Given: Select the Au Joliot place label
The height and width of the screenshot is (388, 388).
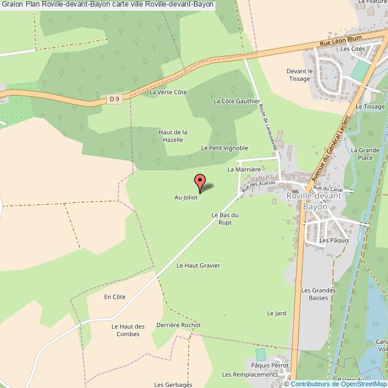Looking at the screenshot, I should click(186, 197).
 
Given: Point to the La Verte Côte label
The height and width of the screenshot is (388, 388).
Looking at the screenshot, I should click(168, 93).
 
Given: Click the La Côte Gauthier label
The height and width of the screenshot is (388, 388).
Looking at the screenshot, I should click(237, 101).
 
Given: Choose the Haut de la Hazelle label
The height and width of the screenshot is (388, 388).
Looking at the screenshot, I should click(173, 136).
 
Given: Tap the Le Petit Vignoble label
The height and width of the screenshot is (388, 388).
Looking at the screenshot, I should click(224, 148).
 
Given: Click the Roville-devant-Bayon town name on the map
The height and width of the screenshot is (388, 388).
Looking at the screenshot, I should click(315, 201).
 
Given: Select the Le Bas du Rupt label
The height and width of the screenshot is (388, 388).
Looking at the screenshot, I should click(225, 218).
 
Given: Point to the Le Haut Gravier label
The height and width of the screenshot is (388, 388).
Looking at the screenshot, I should click(198, 266).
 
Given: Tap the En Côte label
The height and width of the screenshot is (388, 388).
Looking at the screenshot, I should click(115, 297).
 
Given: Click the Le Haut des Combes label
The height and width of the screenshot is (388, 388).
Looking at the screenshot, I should click(128, 330).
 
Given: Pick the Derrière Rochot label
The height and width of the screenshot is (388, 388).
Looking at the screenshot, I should click(178, 325).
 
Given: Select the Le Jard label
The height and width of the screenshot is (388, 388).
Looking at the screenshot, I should click(276, 313).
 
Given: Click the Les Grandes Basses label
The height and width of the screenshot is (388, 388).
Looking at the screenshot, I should click(314, 294).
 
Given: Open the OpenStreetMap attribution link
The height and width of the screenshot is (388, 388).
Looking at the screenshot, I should click(356, 383).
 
